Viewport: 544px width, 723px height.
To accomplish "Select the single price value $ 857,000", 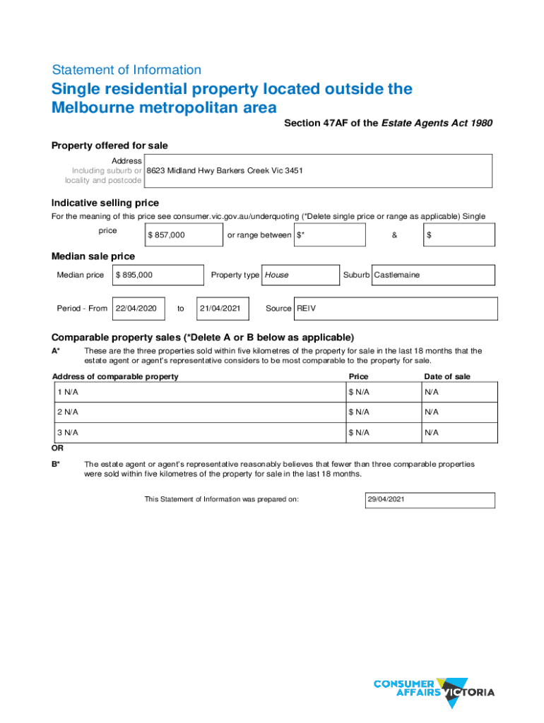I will click(166, 235).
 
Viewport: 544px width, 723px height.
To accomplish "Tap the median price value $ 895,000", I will click(134, 275).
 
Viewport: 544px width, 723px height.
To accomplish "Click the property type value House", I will click(276, 275).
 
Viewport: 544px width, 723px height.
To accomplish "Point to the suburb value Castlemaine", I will click(396, 275).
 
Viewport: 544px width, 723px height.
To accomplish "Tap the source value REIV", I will click(307, 309).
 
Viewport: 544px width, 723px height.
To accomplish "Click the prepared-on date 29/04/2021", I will click(386, 500).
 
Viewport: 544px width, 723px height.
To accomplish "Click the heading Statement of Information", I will click(126, 70).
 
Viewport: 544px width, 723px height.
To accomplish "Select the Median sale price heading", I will click(93, 256).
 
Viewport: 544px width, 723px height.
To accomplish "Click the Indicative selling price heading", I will click(105, 203).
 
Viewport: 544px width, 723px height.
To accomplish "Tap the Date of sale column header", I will click(447, 376).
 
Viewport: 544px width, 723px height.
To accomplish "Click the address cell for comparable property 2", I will click(198, 412).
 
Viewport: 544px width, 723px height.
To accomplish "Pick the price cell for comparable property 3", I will click(382, 432).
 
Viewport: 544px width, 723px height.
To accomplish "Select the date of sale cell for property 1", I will click(459, 392).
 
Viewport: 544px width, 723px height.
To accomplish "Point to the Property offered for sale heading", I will click(110, 145).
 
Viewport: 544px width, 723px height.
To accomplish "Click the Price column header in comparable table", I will click(358, 376).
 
